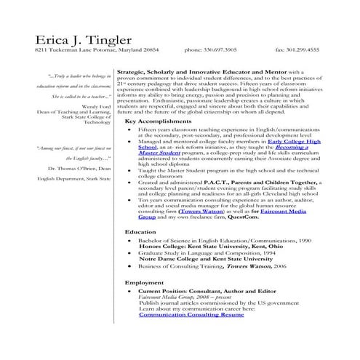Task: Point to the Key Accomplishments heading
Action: click(157, 121)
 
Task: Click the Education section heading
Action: click(140, 231)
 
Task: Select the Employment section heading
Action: click(144, 281)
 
